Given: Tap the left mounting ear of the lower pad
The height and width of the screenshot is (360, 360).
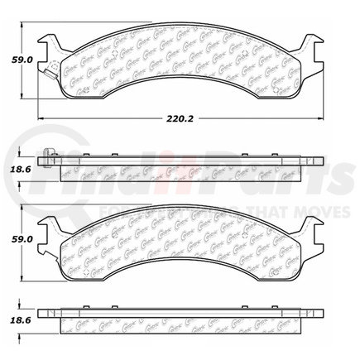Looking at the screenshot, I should (x=50, y=226).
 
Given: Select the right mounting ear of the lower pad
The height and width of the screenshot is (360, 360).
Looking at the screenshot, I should (x=310, y=226).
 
